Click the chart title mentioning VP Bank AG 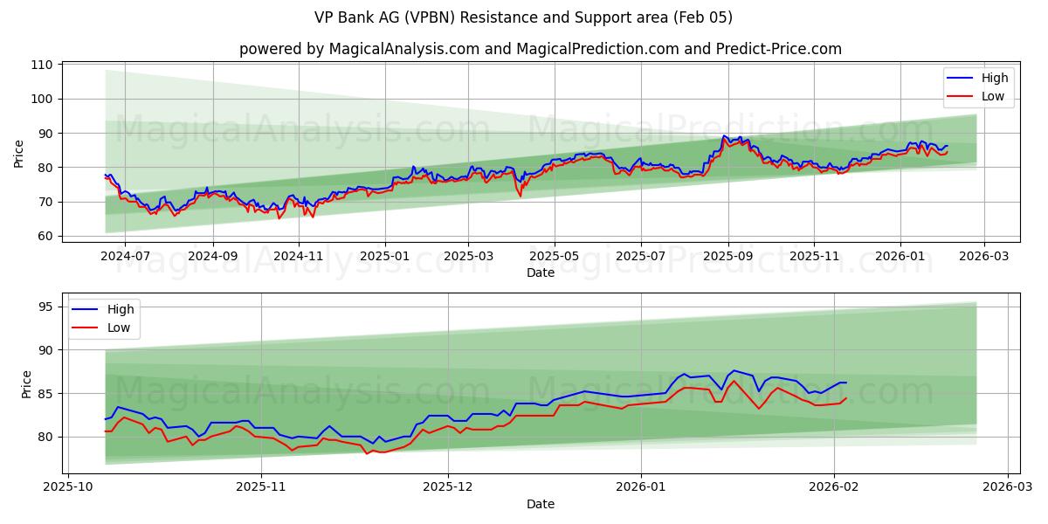[x=523, y=17]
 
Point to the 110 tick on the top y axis [x=43, y=65]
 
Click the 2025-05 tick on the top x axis [x=554, y=257]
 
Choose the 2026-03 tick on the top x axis [x=984, y=257]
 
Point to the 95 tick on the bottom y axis [x=45, y=307]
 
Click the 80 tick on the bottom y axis [x=45, y=437]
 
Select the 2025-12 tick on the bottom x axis [x=448, y=487]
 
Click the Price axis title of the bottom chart [x=26, y=384]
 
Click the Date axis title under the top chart [x=541, y=272]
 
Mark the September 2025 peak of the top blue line [x=724, y=136]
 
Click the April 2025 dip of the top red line [x=521, y=196]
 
